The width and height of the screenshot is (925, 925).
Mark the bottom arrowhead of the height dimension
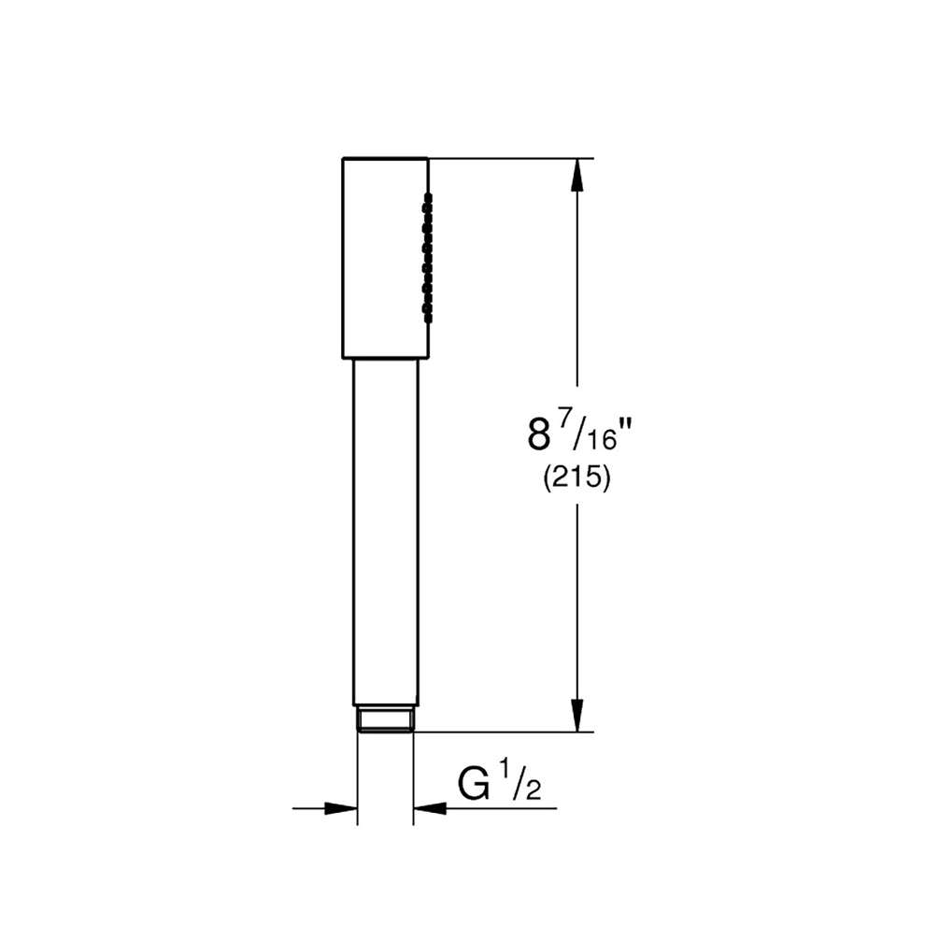(x=579, y=715)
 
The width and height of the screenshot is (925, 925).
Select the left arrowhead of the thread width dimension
(x=342, y=807)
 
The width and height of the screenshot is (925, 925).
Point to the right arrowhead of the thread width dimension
(x=429, y=807)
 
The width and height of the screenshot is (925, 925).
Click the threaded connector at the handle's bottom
(x=385, y=720)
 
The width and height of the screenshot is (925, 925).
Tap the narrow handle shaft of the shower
(x=385, y=533)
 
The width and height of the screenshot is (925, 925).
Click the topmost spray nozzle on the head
(x=429, y=196)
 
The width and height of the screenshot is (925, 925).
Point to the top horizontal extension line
(x=509, y=158)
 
